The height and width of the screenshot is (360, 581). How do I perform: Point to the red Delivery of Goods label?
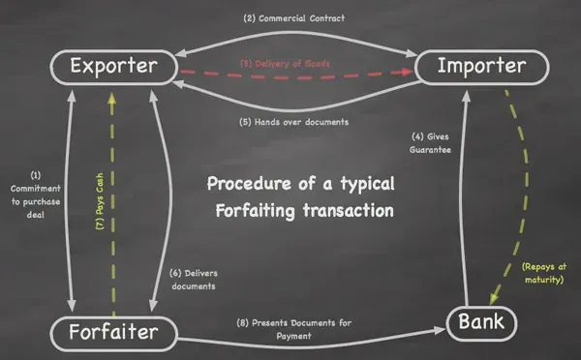coord(292,64)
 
